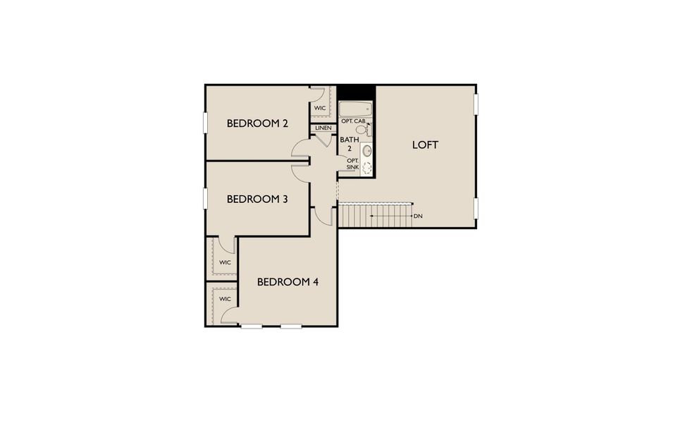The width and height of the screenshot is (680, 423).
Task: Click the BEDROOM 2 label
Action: (x=258, y=124)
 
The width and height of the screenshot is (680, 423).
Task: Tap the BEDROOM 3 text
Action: (x=257, y=200)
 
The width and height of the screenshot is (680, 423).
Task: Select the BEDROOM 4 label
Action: (x=288, y=282)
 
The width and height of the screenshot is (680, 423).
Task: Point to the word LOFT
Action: (x=425, y=145)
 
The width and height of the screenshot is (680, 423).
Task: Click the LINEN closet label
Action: (x=323, y=128)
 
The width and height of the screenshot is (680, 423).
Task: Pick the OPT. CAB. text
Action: (x=353, y=121)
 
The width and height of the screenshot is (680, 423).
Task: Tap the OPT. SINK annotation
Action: (x=352, y=164)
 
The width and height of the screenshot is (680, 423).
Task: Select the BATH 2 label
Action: (x=350, y=144)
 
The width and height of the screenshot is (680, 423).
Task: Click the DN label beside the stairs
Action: (x=418, y=216)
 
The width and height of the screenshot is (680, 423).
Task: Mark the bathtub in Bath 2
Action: (x=355, y=109)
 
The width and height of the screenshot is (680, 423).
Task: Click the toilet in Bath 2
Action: (x=363, y=130)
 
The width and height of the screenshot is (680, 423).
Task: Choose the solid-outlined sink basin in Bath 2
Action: (x=367, y=150)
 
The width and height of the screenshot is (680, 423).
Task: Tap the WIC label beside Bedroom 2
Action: (x=320, y=108)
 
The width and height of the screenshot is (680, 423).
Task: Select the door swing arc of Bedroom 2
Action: (x=299, y=147)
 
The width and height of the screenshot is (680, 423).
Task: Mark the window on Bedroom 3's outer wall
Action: (x=206, y=197)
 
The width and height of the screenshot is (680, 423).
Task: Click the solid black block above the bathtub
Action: (x=355, y=93)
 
